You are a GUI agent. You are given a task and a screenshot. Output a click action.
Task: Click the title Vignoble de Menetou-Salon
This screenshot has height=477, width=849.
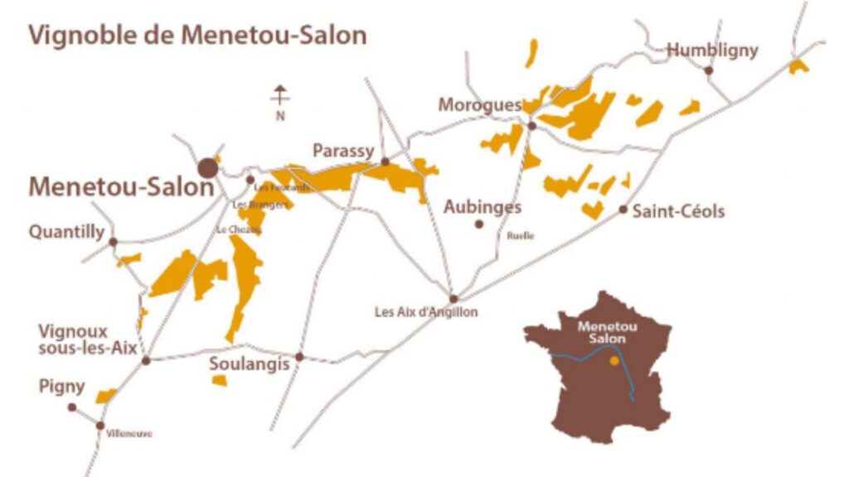tap(197, 36)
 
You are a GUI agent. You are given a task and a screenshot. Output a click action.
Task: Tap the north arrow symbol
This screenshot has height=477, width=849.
tap(280, 97)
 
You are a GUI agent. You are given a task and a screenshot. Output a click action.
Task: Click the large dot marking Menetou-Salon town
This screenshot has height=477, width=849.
tap(207, 168)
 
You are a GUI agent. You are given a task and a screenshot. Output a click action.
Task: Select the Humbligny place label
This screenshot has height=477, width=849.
tap(712, 50)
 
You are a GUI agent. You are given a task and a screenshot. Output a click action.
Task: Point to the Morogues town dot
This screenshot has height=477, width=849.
tap(531, 126)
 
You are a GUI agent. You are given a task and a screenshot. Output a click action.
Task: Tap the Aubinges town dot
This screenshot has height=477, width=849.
tap(478, 224)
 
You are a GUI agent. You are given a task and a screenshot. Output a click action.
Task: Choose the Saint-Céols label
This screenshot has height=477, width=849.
tap(678, 211)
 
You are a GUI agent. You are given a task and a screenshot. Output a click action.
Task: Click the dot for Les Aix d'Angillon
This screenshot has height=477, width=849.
tap(454, 299)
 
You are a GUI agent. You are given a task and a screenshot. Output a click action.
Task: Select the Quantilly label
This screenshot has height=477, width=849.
tap(67, 232)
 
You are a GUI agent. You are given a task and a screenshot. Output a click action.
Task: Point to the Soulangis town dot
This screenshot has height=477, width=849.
tap(300, 357)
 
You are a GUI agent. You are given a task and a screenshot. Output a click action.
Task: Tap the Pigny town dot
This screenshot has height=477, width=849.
tap(72, 407)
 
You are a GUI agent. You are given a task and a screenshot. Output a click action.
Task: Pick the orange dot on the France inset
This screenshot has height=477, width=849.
tap(614, 360)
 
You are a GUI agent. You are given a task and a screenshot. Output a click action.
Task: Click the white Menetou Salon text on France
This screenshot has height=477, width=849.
tap(601, 332)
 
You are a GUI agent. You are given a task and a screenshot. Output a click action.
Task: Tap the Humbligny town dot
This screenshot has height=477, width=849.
tap(709, 70)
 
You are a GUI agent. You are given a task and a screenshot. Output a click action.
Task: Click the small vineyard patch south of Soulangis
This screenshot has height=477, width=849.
tap(219, 380)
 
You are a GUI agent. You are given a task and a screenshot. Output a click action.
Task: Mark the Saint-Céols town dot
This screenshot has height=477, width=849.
tap(623, 210)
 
